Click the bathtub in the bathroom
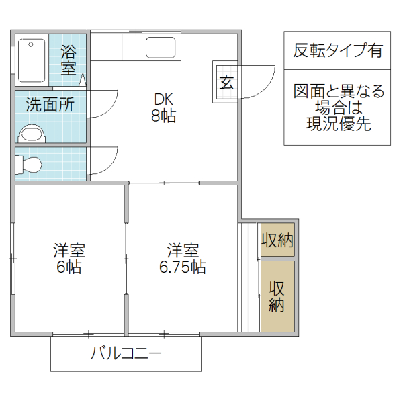click(31, 60)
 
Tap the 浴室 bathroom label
click(69, 59)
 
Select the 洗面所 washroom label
click(50, 105)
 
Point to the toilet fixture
click(30, 164)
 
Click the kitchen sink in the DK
click(162, 48)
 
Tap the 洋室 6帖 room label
click(69, 259)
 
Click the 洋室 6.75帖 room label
click(183, 259)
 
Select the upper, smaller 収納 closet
click(277, 240)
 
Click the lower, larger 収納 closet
click(277, 296)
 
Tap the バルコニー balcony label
click(126, 353)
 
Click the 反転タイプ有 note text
click(337, 50)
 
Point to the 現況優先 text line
click(339, 124)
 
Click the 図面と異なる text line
click(339, 91)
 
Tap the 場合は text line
click(339, 107)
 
